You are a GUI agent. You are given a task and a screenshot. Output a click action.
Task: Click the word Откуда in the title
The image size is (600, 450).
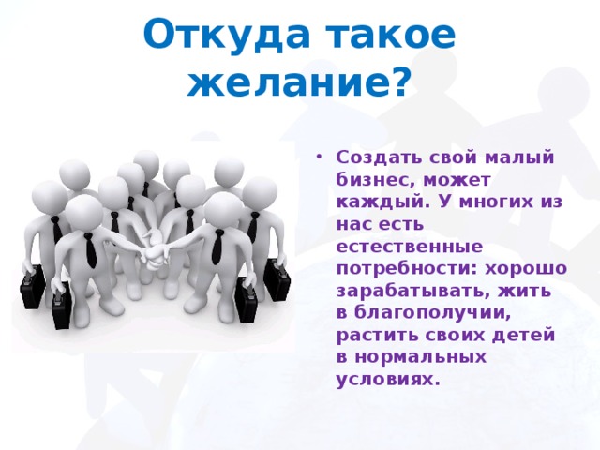226,35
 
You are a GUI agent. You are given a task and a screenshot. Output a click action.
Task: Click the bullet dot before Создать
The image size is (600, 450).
319,157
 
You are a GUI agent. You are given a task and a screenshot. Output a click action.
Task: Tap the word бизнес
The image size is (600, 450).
376,180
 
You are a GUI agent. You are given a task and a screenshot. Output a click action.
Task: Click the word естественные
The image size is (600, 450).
410,247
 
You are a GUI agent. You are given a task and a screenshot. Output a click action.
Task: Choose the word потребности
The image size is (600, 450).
407,269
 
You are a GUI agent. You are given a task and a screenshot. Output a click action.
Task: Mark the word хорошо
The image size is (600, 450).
526,269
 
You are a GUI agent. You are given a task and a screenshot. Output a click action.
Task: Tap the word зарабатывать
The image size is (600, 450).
413,291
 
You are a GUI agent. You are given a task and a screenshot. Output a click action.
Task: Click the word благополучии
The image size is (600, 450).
432,313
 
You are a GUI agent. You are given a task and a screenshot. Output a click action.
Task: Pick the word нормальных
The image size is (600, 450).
421,357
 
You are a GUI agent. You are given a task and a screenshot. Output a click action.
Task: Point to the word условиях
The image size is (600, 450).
386,380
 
